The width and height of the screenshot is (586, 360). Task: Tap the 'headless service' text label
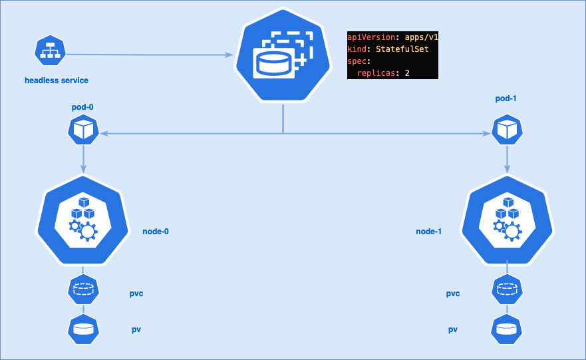click(x=56, y=81)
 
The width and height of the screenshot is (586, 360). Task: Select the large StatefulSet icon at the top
click(x=283, y=57)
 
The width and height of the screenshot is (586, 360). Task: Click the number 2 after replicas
click(x=406, y=73)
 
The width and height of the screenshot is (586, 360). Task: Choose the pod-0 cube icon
click(x=84, y=129)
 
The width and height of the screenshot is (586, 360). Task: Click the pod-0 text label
click(x=84, y=107)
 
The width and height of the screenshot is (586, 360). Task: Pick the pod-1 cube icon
click(x=508, y=129)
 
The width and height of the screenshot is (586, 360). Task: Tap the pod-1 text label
click(x=506, y=98)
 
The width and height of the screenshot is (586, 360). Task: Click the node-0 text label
click(x=156, y=232)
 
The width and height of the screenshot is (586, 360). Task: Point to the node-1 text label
click(x=429, y=232)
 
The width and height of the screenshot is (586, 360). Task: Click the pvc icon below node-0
click(x=84, y=289)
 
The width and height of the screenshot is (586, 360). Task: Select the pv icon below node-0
click(x=84, y=329)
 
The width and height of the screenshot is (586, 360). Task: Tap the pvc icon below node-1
click(x=507, y=289)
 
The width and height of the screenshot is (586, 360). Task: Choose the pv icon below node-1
click(x=507, y=329)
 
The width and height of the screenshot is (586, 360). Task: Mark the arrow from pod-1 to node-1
click(x=508, y=159)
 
